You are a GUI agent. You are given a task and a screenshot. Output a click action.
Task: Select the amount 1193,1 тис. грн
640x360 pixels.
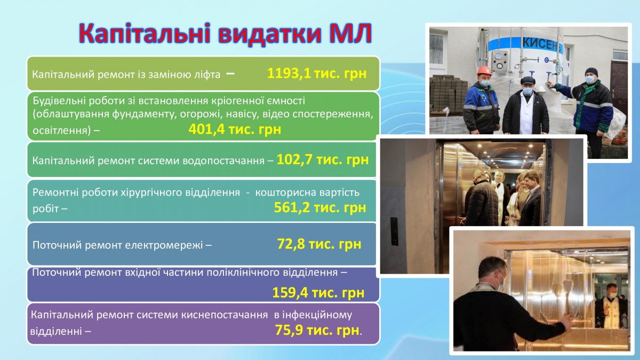click(317, 74)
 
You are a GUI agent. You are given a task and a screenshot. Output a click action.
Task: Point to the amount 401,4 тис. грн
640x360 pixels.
click(235, 129)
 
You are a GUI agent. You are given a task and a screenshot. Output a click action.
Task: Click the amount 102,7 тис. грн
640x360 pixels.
click(323, 159)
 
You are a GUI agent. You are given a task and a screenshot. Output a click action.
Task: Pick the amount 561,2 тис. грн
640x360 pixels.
click(320, 207)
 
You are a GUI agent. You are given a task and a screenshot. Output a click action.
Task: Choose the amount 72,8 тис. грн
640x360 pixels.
click(319, 244)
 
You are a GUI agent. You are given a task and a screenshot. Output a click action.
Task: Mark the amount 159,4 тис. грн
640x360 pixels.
click(318, 292)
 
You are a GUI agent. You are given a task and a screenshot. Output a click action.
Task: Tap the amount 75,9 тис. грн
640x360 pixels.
click(317, 330)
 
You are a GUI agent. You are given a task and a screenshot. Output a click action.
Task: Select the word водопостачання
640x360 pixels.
click(223, 161)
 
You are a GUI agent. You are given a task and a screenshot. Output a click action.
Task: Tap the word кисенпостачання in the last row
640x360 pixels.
click(225, 315)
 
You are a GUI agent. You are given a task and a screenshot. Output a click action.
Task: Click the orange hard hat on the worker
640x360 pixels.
click(484, 70)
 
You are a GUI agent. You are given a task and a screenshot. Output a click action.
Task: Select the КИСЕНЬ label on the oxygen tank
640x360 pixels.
click(542, 45)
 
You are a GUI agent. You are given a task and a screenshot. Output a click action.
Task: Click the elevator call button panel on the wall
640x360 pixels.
click(394, 231)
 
